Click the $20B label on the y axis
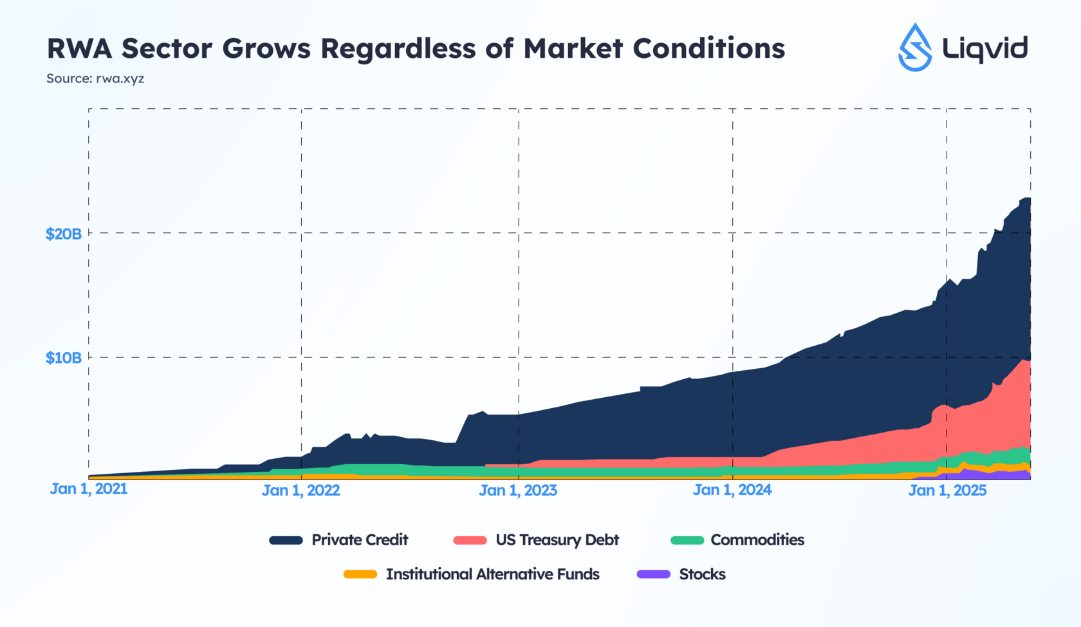pos(63,234)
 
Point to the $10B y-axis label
pos(63,358)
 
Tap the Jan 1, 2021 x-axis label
pos(89,489)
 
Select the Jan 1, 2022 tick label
pos(300,491)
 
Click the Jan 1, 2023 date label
pos(518,491)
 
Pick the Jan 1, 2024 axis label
pos(732,491)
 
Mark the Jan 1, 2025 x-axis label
pos(947,491)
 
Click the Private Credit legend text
pos(360,540)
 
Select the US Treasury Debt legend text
pos(557,540)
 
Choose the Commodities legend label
pos(757,540)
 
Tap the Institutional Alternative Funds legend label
pos(493,574)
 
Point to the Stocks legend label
pos(702,574)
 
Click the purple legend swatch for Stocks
pos(653,574)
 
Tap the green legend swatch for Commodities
pos(687,540)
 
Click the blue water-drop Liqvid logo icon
pos(915,48)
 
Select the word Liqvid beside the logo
pos(984,49)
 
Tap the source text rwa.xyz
pos(120,79)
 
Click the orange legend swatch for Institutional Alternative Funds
pos(360,574)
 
